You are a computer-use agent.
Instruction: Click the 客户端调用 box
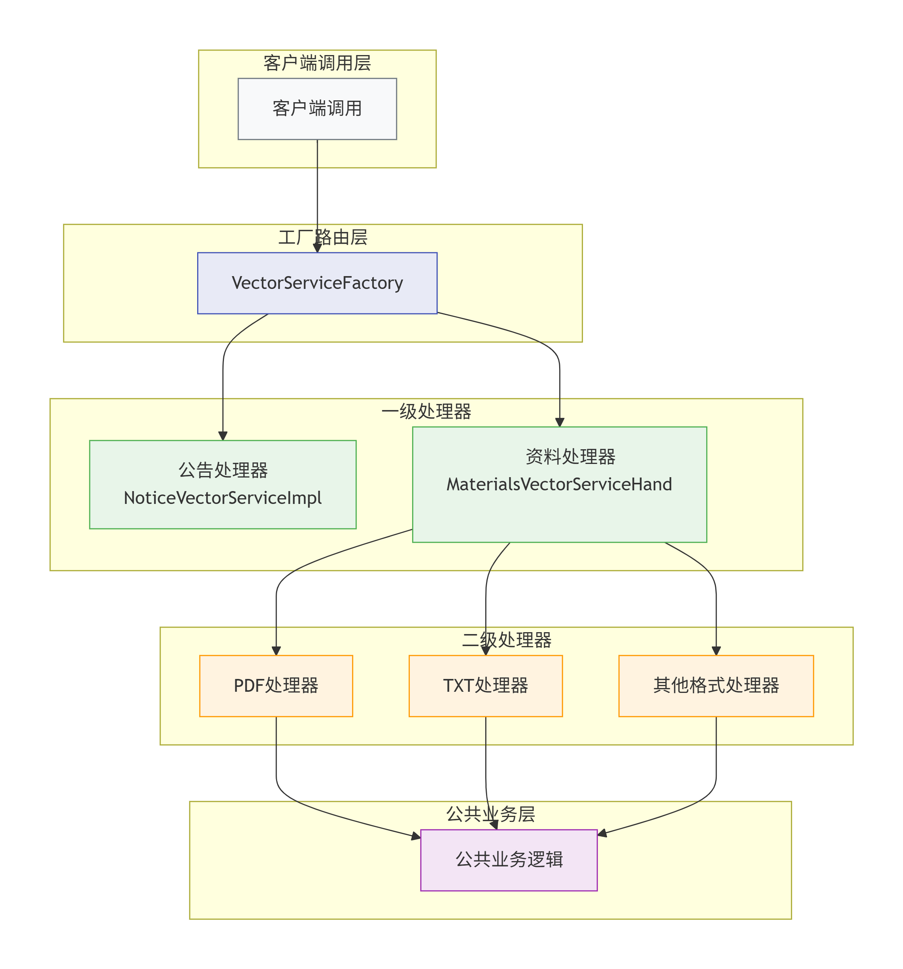pyautogui.click(x=317, y=109)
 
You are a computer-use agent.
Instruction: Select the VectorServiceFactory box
pyautogui.click(x=317, y=283)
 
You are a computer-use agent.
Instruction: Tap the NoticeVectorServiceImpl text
pyautogui.click(x=223, y=498)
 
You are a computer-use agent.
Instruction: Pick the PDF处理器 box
pyautogui.click(x=276, y=685)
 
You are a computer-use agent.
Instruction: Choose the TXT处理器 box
pyautogui.click(x=485, y=685)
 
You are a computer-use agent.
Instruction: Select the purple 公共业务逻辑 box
pyautogui.click(x=508, y=859)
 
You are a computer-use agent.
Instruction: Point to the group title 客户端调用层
pyautogui.click(x=317, y=63)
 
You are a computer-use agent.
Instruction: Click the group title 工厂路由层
pyautogui.click(x=323, y=237)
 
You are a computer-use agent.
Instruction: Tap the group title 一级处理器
pyautogui.click(x=426, y=412)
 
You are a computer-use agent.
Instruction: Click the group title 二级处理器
pyautogui.click(x=506, y=639)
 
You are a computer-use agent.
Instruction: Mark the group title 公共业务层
pyautogui.click(x=490, y=814)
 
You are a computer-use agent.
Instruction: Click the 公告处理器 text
pyautogui.click(x=223, y=470)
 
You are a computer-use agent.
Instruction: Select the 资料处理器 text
pyautogui.click(x=570, y=457)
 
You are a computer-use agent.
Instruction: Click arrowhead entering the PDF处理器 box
pyautogui.click(x=276, y=651)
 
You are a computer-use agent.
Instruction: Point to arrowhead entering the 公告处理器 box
pyautogui.click(x=223, y=436)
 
